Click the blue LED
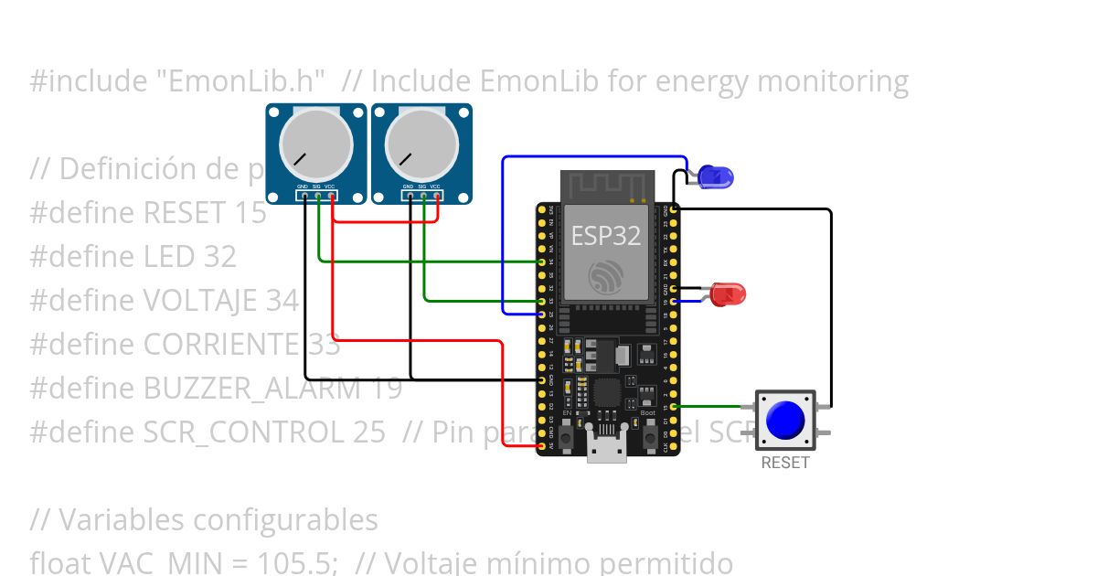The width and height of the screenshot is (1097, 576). point(715,176)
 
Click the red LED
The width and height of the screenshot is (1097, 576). point(729,294)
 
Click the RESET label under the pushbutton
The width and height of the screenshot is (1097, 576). point(785,463)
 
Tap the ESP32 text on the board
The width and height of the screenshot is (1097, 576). point(606,235)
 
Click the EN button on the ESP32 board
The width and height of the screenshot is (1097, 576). point(567,439)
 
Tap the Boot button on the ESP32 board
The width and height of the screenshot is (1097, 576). point(649,439)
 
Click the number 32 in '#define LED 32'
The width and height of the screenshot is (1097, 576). point(219,257)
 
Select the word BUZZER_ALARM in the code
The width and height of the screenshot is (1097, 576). point(246,389)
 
